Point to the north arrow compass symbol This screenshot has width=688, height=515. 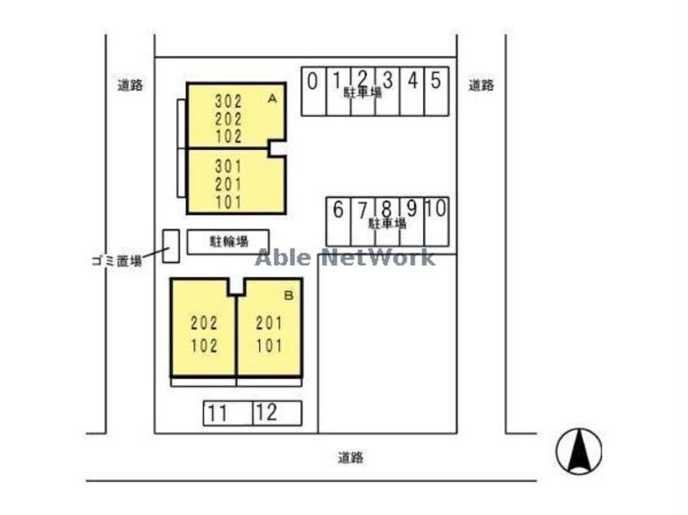coord(579,451)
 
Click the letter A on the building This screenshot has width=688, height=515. coord(272,99)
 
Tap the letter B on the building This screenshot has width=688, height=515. coord(288,296)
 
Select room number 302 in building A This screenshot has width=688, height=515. coord(229,102)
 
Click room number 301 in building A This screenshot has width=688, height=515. coord(229,167)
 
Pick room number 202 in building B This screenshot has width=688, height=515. coord(204,323)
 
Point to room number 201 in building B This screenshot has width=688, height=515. coord(269,323)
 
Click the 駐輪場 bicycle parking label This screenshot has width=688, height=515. coord(229,241)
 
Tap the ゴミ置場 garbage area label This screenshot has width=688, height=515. coord(117,262)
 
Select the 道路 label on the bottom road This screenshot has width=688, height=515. coord(351,457)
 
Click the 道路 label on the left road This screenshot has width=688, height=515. coord(130,85)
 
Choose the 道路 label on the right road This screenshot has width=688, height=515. coord(481,85)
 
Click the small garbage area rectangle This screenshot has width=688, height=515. coord(171,246)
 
